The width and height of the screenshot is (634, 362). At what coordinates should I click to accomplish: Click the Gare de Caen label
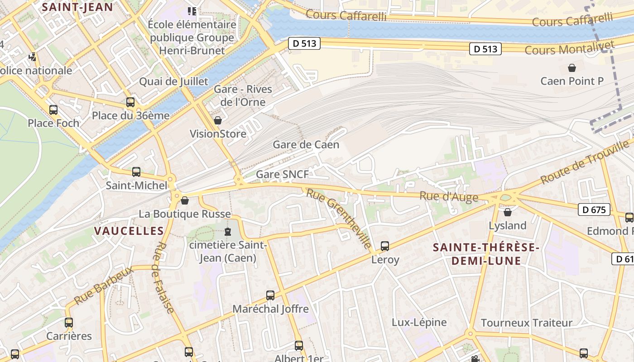point(306,145)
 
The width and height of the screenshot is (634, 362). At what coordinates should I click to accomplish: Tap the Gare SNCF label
point(282,174)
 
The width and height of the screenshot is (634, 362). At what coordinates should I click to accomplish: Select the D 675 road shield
point(594,210)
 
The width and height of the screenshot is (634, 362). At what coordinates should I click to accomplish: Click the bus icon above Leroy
point(385,246)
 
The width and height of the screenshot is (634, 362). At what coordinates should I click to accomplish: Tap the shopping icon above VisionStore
point(218,120)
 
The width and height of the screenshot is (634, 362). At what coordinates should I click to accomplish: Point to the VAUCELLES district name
point(129,231)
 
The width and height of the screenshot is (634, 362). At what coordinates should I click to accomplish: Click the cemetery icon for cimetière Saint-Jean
point(227,232)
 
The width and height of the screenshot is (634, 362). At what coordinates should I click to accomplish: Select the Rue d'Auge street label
point(448,196)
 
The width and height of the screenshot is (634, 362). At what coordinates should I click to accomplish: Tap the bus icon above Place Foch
point(53,110)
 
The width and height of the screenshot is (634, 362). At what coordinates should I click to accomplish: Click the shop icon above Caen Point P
point(572,68)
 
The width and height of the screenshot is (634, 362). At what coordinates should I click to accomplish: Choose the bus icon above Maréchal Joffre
point(270,295)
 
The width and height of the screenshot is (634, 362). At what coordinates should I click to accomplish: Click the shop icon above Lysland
point(508,212)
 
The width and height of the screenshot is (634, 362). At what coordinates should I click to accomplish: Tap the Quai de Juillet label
point(173,81)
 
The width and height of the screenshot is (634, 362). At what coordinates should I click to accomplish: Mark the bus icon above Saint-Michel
point(136,172)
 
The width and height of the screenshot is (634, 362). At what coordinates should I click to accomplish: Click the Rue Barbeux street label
point(103,286)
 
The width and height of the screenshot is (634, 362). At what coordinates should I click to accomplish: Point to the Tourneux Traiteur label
point(526,323)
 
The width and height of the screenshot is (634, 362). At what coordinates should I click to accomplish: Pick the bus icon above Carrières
point(69,323)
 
